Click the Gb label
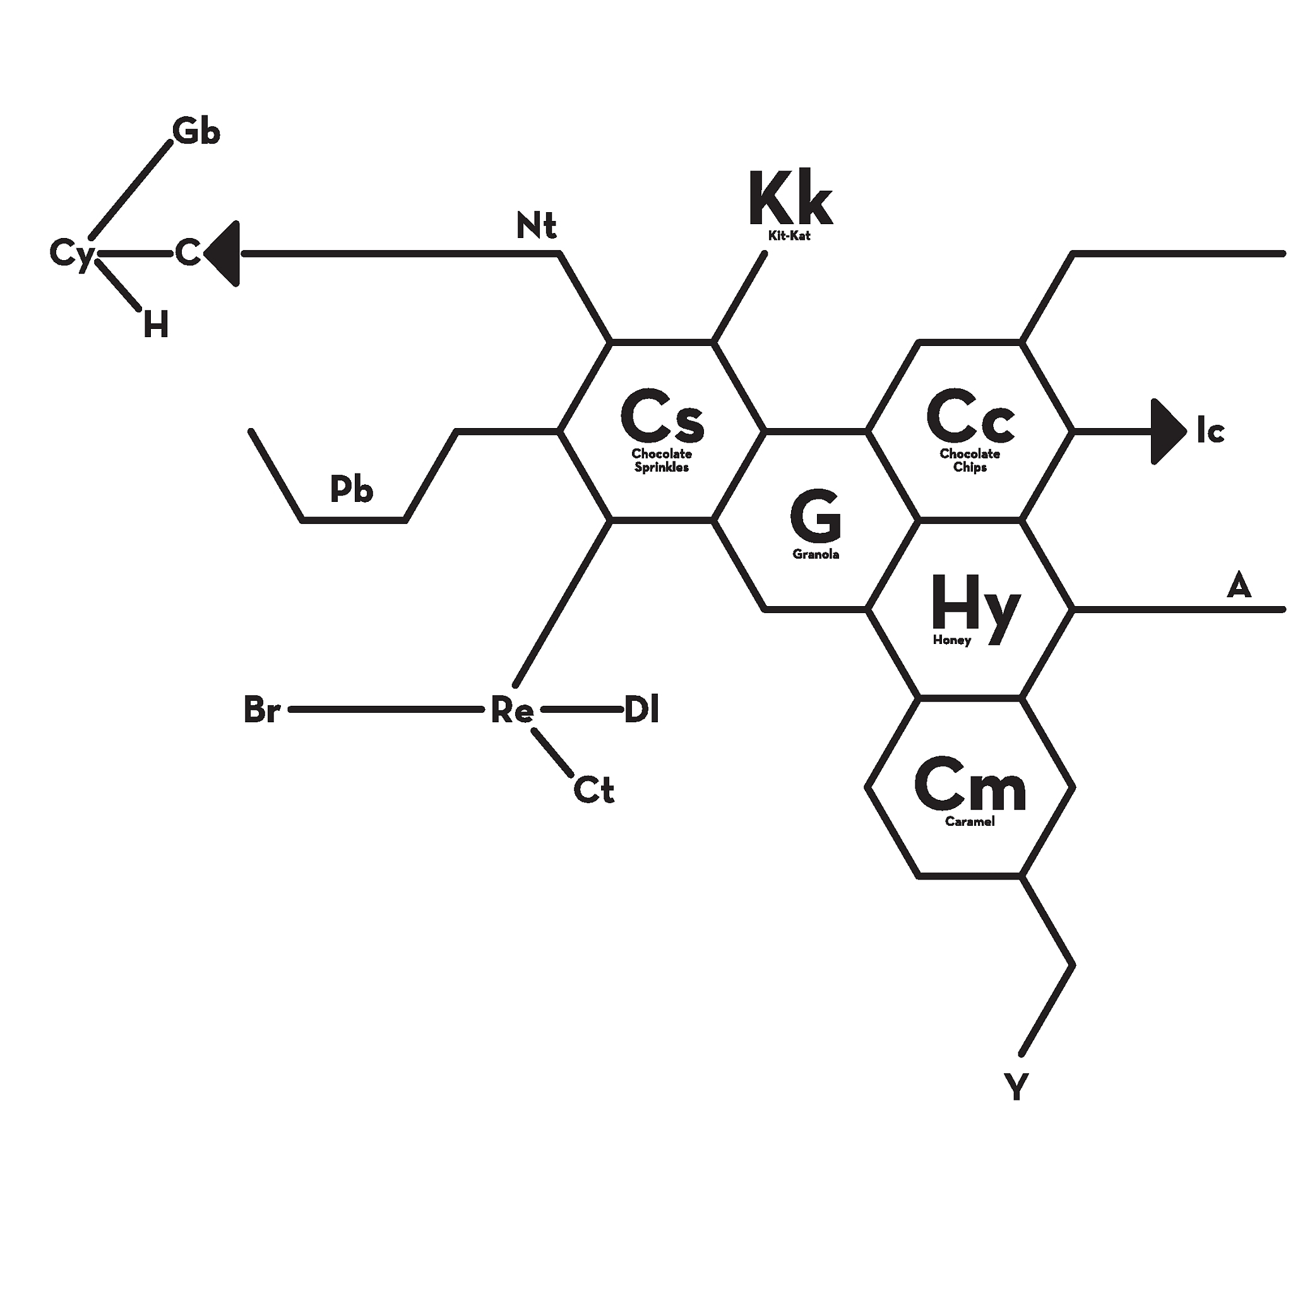[196, 131]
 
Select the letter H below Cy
[156, 325]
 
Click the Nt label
[536, 225]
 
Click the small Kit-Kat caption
[789, 235]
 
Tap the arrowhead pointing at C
[222, 254]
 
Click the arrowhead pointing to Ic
[1169, 432]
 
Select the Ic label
[1211, 431]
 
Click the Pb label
[352, 489]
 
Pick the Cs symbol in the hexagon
[662, 416]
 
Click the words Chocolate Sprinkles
[661, 460]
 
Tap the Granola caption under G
[815, 554]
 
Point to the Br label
[261, 710]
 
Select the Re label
[512, 710]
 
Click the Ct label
[593, 790]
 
